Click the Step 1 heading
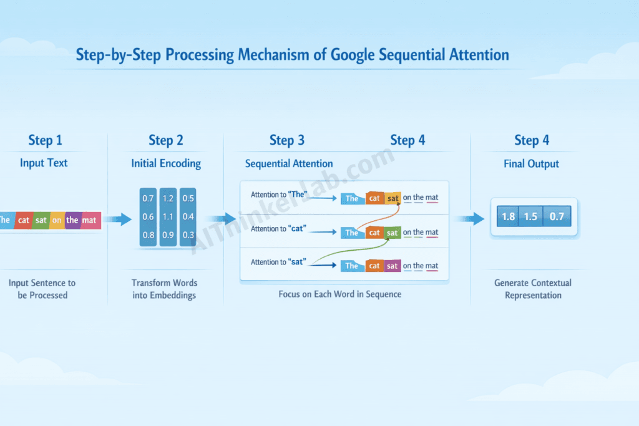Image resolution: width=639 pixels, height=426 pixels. pyautogui.click(x=46, y=140)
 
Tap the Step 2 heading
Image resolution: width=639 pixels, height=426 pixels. pyautogui.click(x=166, y=140)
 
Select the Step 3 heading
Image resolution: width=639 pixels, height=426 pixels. pyautogui.click(x=287, y=140)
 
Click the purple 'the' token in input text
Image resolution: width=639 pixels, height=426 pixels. pyautogui.click(x=72, y=220)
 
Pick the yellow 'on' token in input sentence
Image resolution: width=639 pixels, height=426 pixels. pyautogui.click(x=56, y=220)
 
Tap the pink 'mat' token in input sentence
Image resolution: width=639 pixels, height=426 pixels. pyautogui.click(x=90, y=220)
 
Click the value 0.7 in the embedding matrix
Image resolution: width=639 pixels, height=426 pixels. pyautogui.click(x=149, y=198)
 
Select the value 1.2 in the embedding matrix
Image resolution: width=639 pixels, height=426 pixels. pyautogui.click(x=168, y=198)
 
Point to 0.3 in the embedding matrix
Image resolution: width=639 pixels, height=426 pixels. pyautogui.click(x=188, y=235)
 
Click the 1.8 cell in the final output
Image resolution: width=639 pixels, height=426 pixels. pyautogui.click(x=509, y=216)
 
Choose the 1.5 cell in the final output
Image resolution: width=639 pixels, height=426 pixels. pyautogui.click(x=531, y=216)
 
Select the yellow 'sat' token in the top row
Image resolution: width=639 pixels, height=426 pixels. pyautogui.click(x=393, y=198)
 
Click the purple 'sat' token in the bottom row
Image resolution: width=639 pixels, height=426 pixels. pyautogui.click(x=392, y=266)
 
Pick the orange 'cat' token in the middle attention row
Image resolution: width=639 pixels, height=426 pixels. pyautogui.click(x=374, y=233)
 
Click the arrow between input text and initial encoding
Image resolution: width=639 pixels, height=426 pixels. pyautogui.click(x=118, y=219)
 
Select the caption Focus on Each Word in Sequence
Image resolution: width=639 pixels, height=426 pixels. pyautogui.click(x=339, y=294)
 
